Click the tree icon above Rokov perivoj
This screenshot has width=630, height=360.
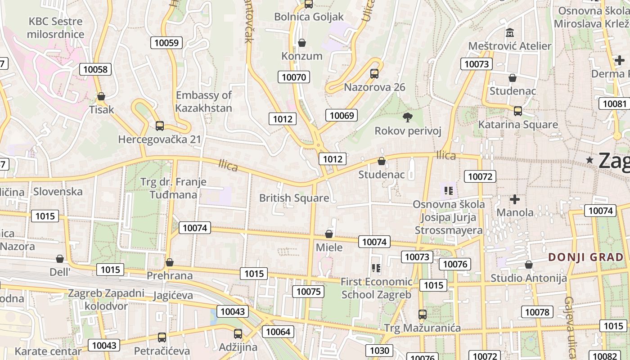pyautogui.click(x=408, y=118)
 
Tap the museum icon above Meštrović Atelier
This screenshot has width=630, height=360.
pyautogui.click(x=510, y=33)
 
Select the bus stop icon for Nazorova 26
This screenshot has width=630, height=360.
pyautogui.click(x=374, y=74)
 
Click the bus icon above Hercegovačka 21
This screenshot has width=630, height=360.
pyautogui.click(x=159, y=126)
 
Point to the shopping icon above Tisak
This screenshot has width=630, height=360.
pyautogui.click(x=101, y=96)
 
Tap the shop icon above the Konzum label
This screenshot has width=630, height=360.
pyautogui.click(x=302, y=43)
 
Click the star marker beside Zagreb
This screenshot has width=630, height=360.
pyautogui.click(x=589, y=160)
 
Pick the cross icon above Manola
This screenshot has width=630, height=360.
pyautogui.click(x=515, y=199)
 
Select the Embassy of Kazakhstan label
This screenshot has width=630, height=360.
pyautogui.click(x=203, y=102)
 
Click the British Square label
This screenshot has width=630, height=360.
pyautogui.click(x=294, y=198)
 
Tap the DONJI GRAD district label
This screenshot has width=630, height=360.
pyautogui.click(x=586, y=257)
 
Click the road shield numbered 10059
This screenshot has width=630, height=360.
pyautogui.click(x=166, y=43)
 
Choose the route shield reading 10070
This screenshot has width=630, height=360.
pyautogui.click(x=294, y=77)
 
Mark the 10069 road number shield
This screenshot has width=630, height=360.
pyautogui.click(x=342, y=115)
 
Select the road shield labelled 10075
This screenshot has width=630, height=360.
pyautogui.click(x=308, y=292)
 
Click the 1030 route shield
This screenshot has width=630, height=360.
pyautogui.click(x=379, y=351)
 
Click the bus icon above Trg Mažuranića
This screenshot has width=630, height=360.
pyautogui.click(x=422, y=315)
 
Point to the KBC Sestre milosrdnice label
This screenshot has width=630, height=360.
pyautogui.click(x=56, y=28)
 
